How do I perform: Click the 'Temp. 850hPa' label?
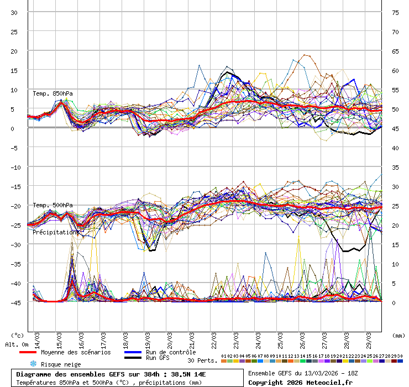pos(53,93)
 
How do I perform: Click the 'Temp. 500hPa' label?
pos(53,205)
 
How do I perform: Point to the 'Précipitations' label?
pos(55,232)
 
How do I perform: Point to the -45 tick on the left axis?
pos(14,302)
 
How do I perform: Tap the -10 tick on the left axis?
pos(14,167)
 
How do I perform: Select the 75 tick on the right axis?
pos(395,12)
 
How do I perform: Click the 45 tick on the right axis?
pos(395,128)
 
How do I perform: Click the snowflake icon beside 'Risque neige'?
pos(33,364)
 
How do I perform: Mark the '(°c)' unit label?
pos(18,335)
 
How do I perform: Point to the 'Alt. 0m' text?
pos(17,344)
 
